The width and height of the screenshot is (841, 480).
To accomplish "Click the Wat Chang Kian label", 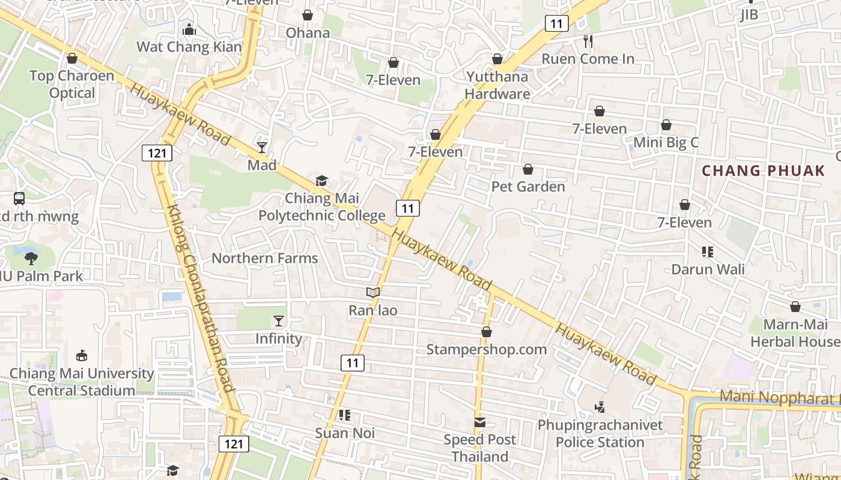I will coord(189,47).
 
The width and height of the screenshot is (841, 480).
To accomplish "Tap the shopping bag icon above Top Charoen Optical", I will coord(72,58).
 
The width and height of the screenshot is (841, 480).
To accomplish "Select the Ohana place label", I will coord(308,32).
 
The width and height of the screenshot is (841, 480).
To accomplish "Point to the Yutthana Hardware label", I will coord(497,85).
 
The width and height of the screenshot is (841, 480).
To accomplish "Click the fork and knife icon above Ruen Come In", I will coord(588,41).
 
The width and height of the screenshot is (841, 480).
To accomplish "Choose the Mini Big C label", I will coord(666,143).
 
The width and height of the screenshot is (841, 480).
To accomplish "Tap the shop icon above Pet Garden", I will coord(528,170).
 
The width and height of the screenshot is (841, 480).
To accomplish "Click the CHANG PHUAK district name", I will coord(764,170).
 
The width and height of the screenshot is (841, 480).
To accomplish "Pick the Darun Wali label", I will coord(708,269).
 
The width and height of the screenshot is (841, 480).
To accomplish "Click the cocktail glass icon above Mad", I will coord(262,147).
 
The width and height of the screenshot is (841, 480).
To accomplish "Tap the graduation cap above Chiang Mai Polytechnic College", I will coord(322,181).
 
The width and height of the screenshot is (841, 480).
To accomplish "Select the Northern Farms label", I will coord(265,259).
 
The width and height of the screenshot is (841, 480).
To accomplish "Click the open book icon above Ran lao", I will coord(373,293).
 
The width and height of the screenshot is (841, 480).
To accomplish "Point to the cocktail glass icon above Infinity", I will coord(279,321).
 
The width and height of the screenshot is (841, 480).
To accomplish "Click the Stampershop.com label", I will coord(487,349).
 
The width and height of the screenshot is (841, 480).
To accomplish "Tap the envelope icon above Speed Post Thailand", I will coord(479,422).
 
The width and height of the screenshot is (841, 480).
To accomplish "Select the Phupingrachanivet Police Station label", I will coord(600,434).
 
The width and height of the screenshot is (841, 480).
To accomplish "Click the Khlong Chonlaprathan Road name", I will coord(201,298).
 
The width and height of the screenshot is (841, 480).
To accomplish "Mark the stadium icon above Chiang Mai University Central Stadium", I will coord(82,356).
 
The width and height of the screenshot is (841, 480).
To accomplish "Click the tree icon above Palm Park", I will coord(31,259).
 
